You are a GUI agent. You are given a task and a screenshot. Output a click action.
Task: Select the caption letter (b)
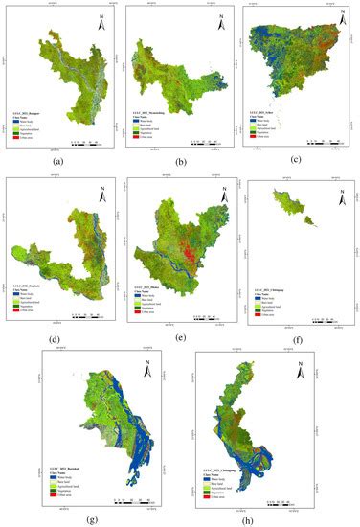click(x=179, y=165)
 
